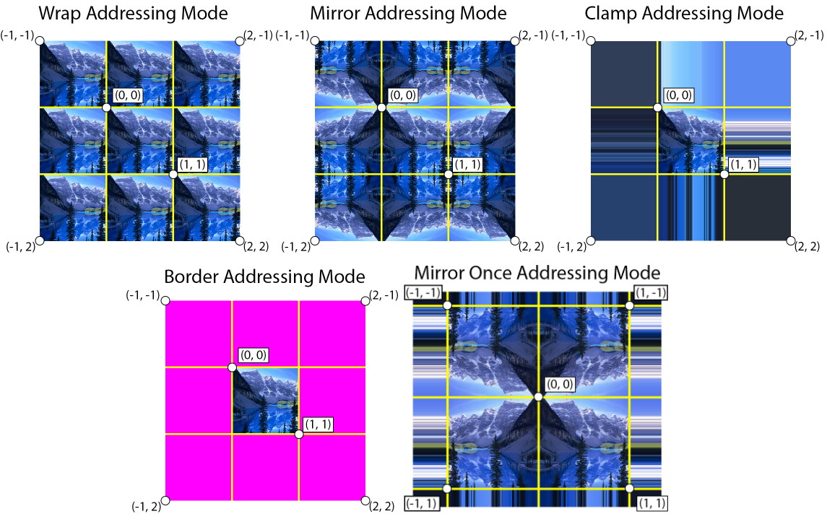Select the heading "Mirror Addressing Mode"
(x=408, y=13)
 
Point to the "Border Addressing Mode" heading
(x=264, y=276)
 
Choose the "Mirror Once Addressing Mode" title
(x=537, y=273)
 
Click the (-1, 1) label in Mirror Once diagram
(x=423, y=503)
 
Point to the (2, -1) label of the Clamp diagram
(x=808, y=35)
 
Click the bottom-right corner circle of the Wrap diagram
(x=240, y=240)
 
